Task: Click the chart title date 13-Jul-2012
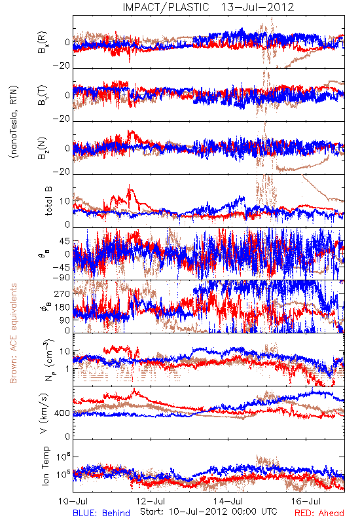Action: click(x=257, y=7)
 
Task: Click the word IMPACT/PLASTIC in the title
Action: click(x=166, y=7)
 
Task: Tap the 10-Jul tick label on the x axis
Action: click(x=73, y=501)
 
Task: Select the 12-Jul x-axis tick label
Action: click(x=151, y=501)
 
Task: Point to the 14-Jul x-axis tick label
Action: click(x=228, y=501)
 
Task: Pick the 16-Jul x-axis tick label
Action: click(x=306, y=501)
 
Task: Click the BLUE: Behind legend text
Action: click(x=101, y=513)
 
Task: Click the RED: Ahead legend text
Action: click(x=319, y=513)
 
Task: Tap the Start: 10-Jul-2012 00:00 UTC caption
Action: click(x=209, y=512)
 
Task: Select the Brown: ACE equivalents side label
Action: click(x=13, y=333)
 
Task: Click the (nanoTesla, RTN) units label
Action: click(x=14, y=122)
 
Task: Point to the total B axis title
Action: click(x=48, y=201)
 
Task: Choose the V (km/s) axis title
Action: click(x=44, y=413)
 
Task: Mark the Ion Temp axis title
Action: click(x=45, y=466)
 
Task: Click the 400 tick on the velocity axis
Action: click(x=62, y=413)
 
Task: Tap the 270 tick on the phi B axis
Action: click(x=62, y=293)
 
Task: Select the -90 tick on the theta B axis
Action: click(x=62, y=277)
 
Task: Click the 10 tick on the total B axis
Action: click(x=65, y=201)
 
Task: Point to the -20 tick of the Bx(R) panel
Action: click(x=62, y=66)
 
